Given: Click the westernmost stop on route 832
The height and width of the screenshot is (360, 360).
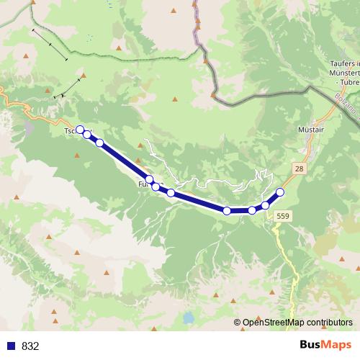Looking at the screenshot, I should tap(80, 130).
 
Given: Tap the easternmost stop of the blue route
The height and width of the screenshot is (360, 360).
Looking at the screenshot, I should tap(280, 192).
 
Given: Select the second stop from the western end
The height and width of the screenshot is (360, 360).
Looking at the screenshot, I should tap(87, 134).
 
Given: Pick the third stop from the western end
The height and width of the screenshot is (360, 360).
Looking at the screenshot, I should tap(99, 143).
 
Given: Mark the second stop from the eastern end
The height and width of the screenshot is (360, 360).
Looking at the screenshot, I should tap(265, 205).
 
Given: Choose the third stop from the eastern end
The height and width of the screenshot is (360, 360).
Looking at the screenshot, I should tap(251, 210).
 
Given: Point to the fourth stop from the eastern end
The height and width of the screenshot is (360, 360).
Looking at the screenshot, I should tap(227, 211).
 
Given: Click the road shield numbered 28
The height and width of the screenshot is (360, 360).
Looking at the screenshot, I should tap(299, 167).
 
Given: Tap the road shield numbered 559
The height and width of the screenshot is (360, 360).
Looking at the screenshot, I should tap(283, 215).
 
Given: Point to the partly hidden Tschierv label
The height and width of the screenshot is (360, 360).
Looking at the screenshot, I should tap(71, 132).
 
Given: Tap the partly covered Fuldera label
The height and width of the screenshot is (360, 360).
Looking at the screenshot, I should tap(141, 185).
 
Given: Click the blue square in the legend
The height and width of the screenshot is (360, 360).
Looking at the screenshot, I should tap(11, 346).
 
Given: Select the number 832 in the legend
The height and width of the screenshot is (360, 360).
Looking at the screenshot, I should tap(31, 346).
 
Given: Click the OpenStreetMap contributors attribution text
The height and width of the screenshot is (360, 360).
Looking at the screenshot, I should tap(297, 322).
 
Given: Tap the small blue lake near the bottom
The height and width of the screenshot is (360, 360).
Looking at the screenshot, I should tap(188, 317).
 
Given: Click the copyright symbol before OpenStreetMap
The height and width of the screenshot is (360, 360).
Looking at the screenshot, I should tap(238, 322).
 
